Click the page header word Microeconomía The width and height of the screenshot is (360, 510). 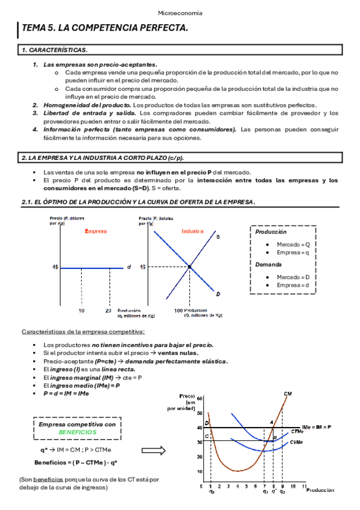180,13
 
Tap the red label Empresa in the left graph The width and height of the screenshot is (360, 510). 96,231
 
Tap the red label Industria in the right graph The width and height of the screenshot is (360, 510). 192,231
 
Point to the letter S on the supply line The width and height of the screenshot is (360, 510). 218,237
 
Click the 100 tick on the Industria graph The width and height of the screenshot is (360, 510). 178,310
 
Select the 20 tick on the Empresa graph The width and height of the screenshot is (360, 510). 108,310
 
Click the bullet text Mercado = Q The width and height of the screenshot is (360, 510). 293,245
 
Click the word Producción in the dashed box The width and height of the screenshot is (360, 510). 270,232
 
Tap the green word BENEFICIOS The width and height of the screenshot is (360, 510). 76,432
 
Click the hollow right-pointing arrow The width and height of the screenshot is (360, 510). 153,450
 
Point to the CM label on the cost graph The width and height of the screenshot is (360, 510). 288,393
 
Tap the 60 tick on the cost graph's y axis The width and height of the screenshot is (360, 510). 200,398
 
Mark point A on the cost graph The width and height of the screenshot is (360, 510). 271,422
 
